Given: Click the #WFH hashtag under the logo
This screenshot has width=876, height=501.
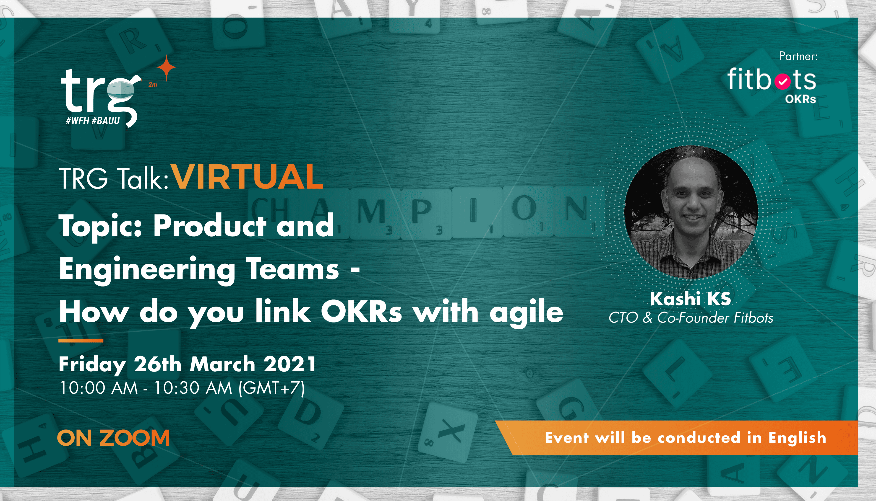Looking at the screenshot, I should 78,120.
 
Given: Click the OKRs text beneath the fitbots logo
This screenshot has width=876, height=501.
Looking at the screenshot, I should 800,99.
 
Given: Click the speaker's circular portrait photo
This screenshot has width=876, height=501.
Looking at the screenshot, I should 691,212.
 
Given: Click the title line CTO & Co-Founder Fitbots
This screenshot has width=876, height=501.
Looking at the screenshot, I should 691,318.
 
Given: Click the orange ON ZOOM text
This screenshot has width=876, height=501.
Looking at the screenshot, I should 113,438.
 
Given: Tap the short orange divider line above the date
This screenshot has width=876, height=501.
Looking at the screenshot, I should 81,341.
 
